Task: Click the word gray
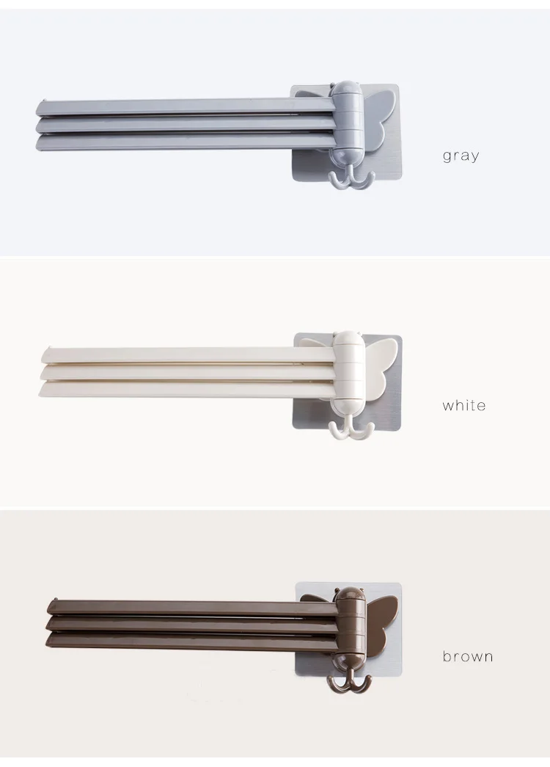point(461,156)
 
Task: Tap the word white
point(464,405)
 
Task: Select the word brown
point(467,656)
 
